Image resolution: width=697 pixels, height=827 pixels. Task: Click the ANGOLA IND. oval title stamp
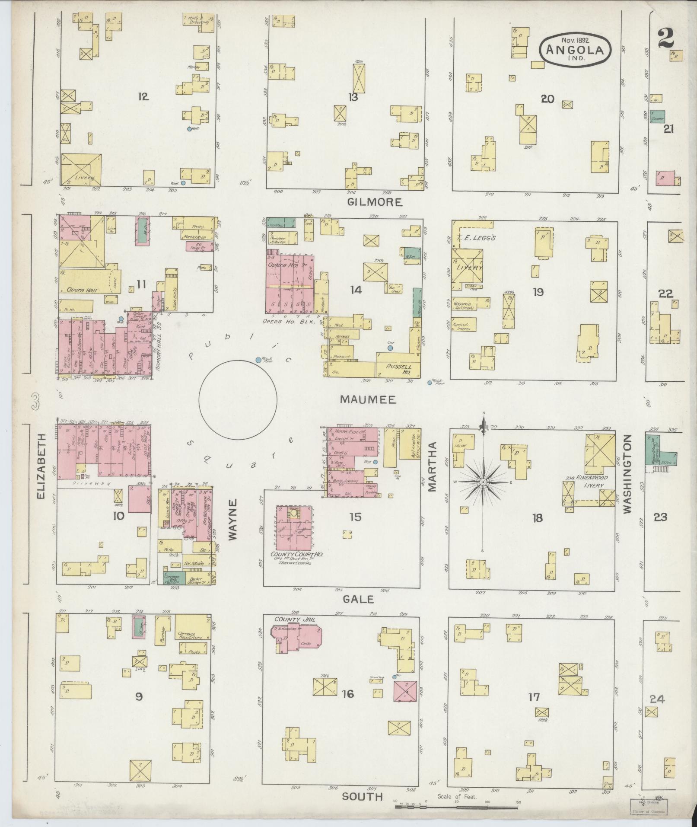pyautogui.click(x=575, y=50)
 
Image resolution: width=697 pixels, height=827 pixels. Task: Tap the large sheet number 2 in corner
pyautogui.click(x=668, y=38)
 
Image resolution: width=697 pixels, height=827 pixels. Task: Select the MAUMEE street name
pyautogui.click(x=368, y=399)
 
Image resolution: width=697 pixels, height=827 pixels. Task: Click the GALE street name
pyautogui.click(x=358, y=599)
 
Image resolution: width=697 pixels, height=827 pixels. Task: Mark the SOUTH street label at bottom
pyautogui.click(x=362, y=796)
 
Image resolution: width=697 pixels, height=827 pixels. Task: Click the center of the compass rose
pyautogui.click(x=483, y=482)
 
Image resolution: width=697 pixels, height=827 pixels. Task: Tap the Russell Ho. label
pyautogui.click(x=394, y=367)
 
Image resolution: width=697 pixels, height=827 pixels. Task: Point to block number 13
pyautogui.click(x=353, y=97)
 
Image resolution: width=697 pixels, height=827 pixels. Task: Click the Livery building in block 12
pyautogui.click(x=81, y=169)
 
